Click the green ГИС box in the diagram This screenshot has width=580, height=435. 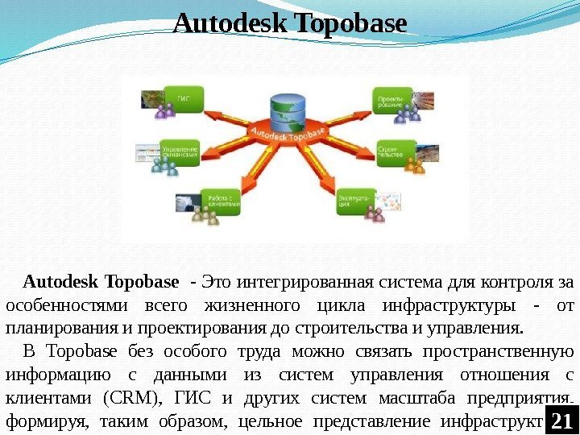point(180,98)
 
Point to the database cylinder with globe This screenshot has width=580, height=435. point(288,112)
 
